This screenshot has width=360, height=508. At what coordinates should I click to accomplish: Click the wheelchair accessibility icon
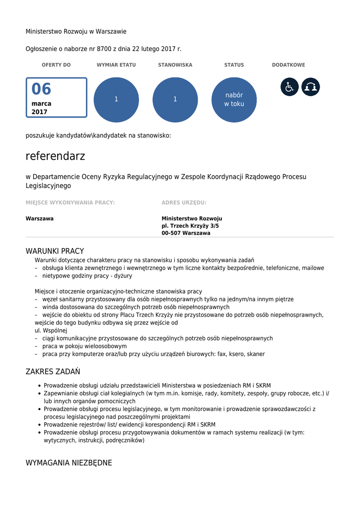(289, 87)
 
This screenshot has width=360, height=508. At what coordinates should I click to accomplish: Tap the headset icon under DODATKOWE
(311, 87)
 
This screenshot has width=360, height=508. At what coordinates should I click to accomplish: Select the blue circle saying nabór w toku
(234, 99)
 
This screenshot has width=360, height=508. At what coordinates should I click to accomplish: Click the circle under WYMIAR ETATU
(116, 99)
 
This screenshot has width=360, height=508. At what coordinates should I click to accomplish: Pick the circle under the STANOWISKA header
(175, 99)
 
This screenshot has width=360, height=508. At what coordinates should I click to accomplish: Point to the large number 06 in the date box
(42, 89)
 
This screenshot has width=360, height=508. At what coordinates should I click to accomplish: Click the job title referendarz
(56, 156)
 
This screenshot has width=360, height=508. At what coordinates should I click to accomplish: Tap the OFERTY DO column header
(56, 65)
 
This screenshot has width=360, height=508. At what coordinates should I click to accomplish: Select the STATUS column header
(234, 65)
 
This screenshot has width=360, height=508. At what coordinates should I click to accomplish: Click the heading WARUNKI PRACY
(55, 251)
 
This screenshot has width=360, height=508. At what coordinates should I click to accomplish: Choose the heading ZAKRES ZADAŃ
(53, 372)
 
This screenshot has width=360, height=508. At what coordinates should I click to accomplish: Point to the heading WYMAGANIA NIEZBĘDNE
(69, 463)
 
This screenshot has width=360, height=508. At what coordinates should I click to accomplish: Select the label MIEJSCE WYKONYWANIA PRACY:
(70, 202)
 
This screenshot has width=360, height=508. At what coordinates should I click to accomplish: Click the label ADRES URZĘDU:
(184, 202)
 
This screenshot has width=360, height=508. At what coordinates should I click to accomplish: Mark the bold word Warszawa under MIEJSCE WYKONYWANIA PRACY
(40, 218)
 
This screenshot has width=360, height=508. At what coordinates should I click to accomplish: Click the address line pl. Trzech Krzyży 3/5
(190, 226)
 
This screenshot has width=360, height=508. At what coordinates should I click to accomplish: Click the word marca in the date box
(41, 104)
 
